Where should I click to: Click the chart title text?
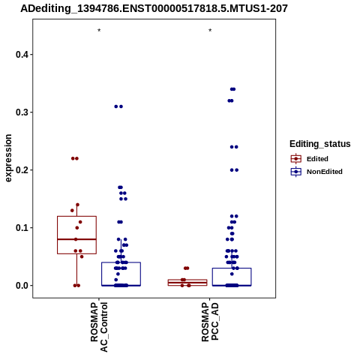coord(154,8)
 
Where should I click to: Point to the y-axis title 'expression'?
coord(8,158)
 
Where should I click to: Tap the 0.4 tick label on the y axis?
coord(22,55)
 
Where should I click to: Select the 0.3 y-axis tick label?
coord(22,112)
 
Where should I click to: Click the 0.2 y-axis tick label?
coord(22,170)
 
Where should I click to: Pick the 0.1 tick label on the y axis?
coord(22,228)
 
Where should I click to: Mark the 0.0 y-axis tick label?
coord(22,286)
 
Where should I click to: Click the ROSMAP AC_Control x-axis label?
coord(99,327)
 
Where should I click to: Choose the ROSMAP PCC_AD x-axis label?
coord(210,322)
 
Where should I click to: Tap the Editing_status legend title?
coord(320,144)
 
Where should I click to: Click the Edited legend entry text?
coord(317,159)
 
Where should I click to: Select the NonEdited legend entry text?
coord(325,172)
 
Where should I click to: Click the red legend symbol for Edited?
coord(296,159)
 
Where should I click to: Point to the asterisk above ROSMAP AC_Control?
coord(99,31)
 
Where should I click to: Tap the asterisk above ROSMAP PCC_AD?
coord(210,31)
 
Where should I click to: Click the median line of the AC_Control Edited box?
coord(76,239)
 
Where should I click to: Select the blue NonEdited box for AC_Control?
coord(121,262)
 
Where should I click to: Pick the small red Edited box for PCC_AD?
coord(187,280)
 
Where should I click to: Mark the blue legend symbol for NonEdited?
coord(296,172)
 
